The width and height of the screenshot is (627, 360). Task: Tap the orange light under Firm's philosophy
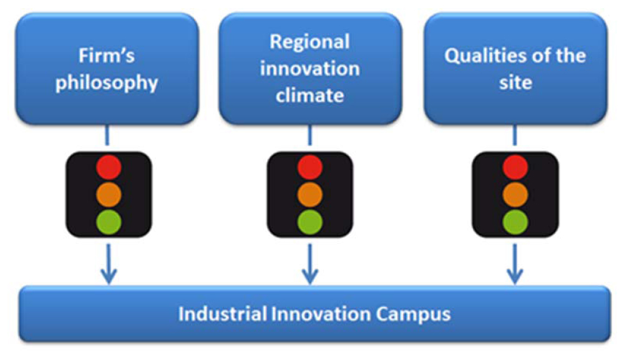[x=109, y=195]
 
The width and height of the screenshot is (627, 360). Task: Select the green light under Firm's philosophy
[x=109, y=221]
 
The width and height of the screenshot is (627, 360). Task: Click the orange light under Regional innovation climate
[x=310, y=195]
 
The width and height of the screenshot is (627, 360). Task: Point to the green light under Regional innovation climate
[x=310, y=221]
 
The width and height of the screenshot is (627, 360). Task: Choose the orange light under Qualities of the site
[x=515, y=195]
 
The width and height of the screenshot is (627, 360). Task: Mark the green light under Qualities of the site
[x=515, y=221]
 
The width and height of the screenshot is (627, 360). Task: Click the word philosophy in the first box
[x=107, y=83]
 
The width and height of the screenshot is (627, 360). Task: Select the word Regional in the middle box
[x=309, y=42]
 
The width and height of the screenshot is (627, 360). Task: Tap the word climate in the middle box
[x=310, y=95]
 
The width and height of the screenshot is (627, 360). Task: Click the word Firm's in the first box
[x=106, y=56]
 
